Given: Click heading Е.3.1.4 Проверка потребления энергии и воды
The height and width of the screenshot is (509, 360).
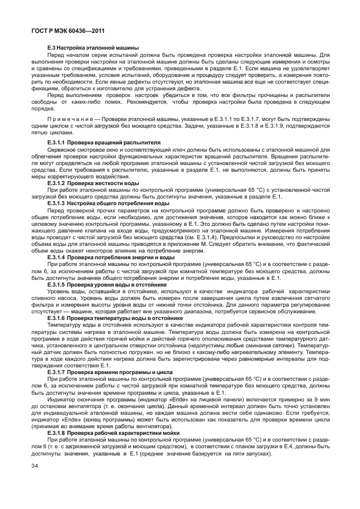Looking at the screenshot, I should point(108,258).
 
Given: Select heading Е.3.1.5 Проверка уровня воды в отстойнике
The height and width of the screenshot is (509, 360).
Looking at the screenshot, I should point(107,284).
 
